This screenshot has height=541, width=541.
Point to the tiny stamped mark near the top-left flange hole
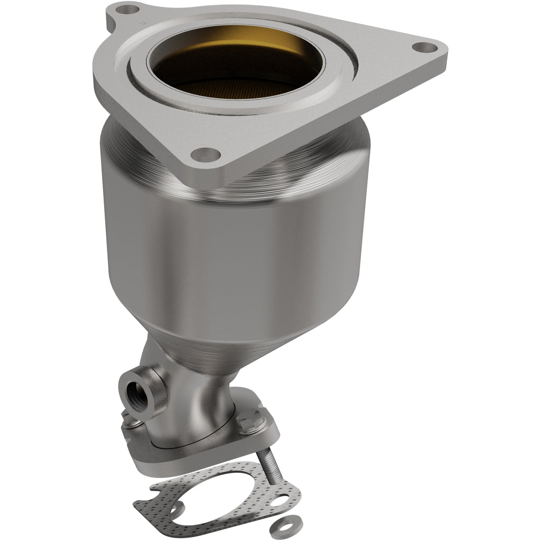pos(142,24)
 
